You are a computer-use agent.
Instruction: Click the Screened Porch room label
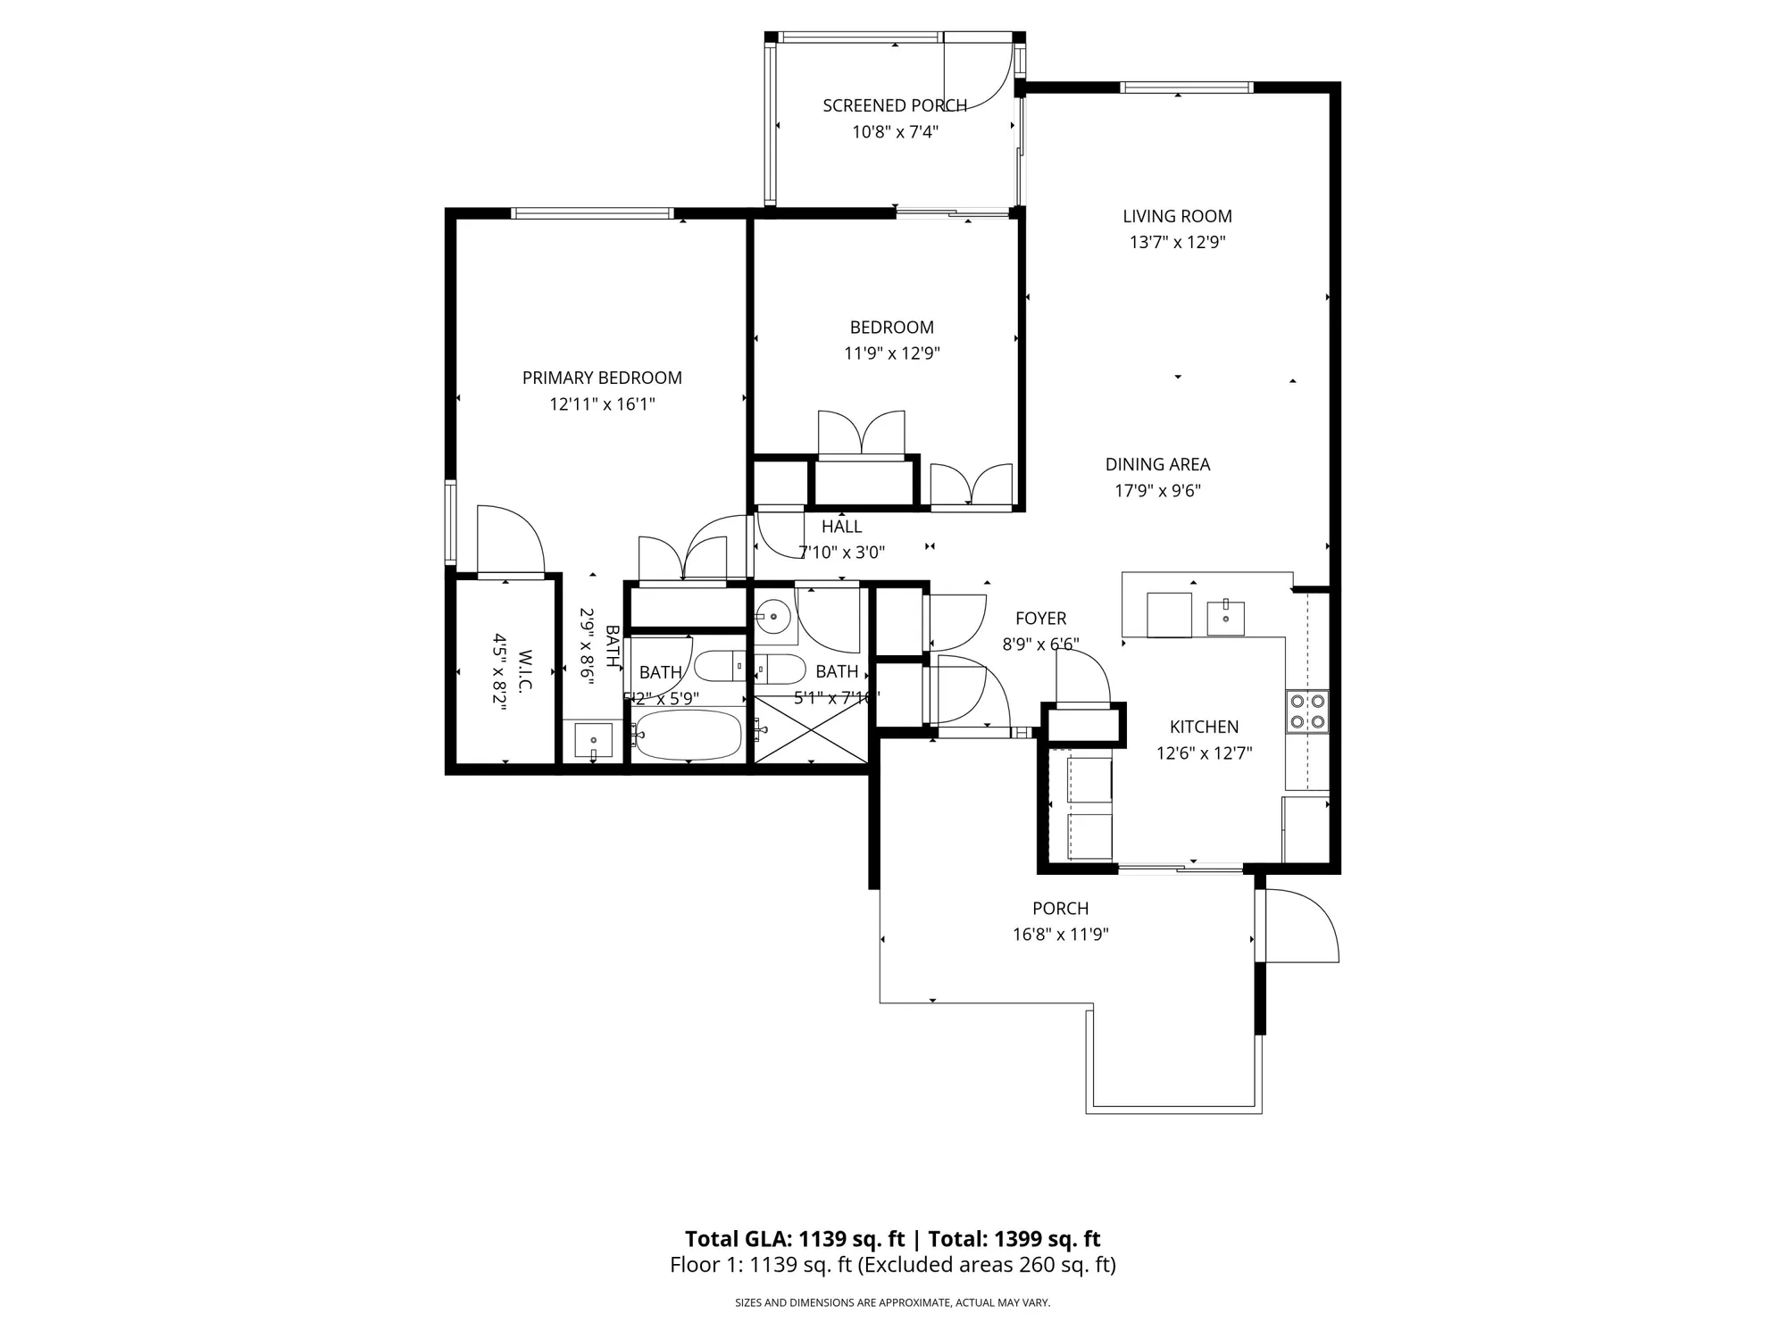coord(895,105)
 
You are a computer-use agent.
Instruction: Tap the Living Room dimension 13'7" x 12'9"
coord(1177,242)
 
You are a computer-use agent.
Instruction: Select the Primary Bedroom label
coord(602,378)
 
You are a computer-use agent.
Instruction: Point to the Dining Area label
coord(1157,464)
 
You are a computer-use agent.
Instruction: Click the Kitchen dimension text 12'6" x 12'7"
coord(1204,753)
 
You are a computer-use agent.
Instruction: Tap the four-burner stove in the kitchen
coord(1306,711)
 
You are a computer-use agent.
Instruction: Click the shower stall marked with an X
coord(810,730)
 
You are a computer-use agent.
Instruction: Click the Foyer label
coord(1040,619)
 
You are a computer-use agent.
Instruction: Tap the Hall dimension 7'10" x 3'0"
coord(842,553)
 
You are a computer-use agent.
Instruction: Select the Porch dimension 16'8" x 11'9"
coord(1060,935)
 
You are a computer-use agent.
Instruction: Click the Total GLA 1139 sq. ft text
coord(795,1239)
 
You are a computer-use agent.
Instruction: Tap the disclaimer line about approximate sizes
coord(892,1303)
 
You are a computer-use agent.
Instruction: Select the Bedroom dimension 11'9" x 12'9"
coord(891,353)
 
